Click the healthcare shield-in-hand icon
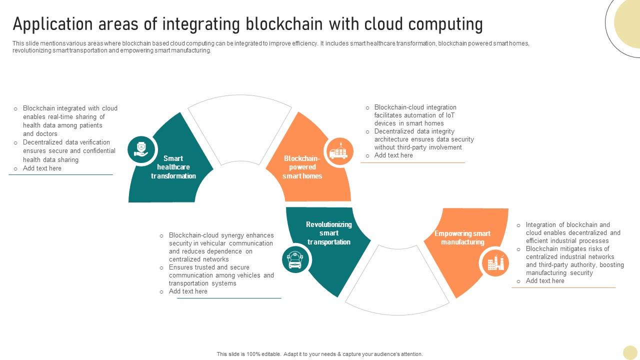[x=141, y=149]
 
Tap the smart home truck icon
[x=340, y=151]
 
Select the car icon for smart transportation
[x=295, y=259]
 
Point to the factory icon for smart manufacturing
[x=495, y=262]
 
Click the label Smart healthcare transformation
[x=173, y=167]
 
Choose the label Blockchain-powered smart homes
[x=302, y=167]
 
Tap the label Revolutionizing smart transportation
[x=329, y=233]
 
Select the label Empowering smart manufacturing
[x=462, y=237]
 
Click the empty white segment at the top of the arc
[x=240, y=125]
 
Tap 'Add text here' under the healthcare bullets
[x=42, y=168]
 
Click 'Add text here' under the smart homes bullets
[x=393, y=155]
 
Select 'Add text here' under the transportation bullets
[x=188, y=291]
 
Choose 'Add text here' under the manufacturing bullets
[x=545, y=281]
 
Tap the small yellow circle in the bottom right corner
[x=630, y=353]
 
